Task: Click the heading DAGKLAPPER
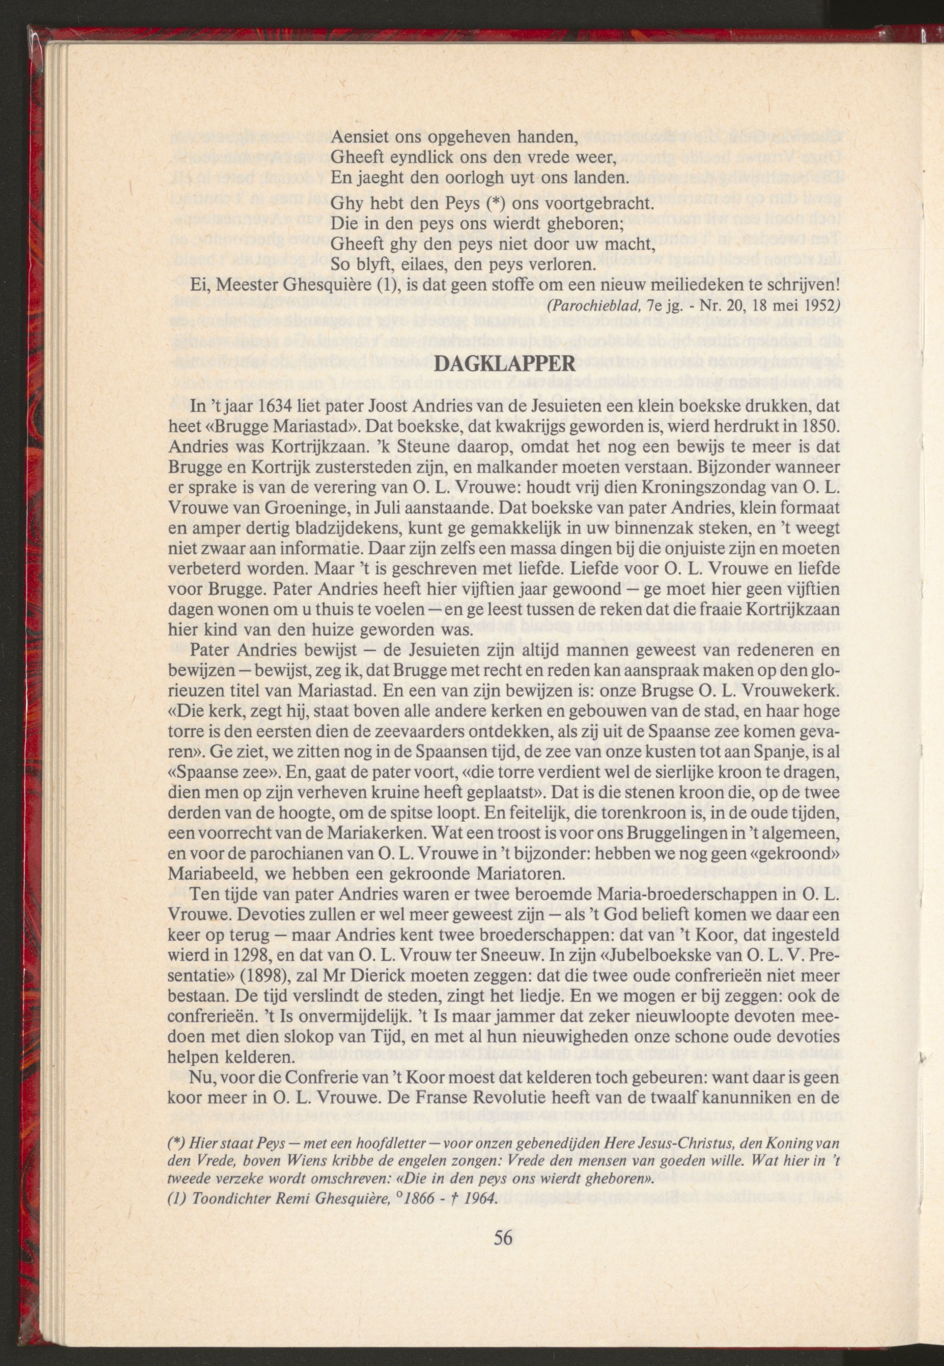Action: coord(504,363)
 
